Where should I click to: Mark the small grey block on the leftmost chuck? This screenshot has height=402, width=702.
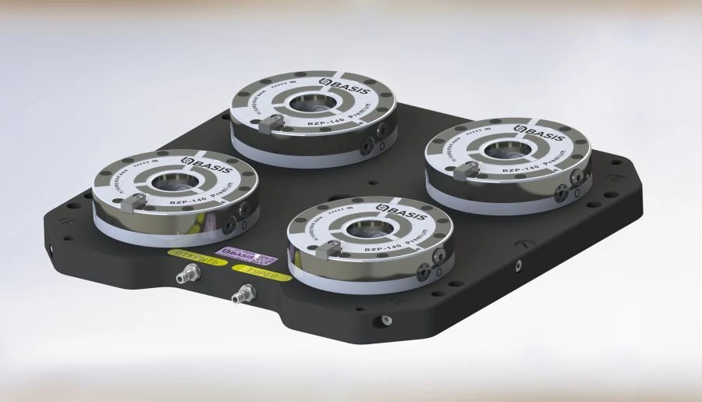coord(134,202)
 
